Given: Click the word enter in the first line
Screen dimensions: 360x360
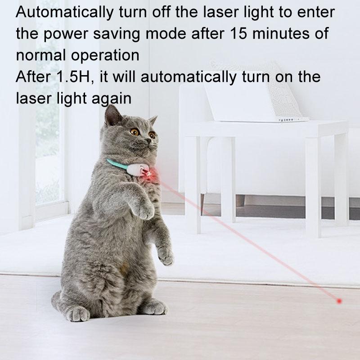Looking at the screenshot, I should (x=318, y=13).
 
